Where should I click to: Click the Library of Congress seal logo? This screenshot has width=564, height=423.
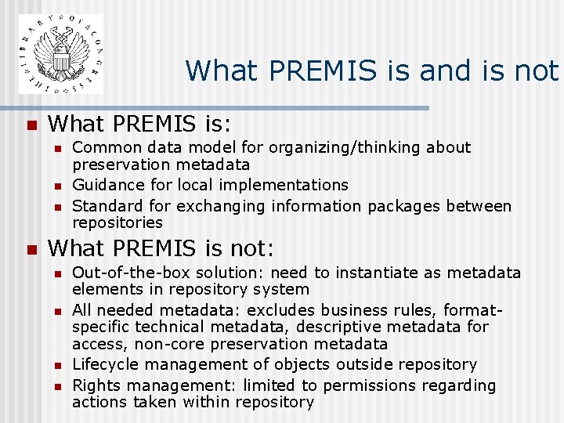pyautogui.click(x=61, y=54)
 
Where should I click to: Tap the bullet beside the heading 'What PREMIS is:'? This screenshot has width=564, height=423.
pyautogui.click(x=31, y=125)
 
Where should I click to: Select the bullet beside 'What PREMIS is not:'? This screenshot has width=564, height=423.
pyautogui.click(x=31, y=251)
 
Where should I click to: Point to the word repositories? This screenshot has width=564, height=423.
pyautogui.click(x=117, y=222)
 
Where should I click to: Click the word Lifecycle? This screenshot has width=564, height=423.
pyautogui.click(x=104, y=364)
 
